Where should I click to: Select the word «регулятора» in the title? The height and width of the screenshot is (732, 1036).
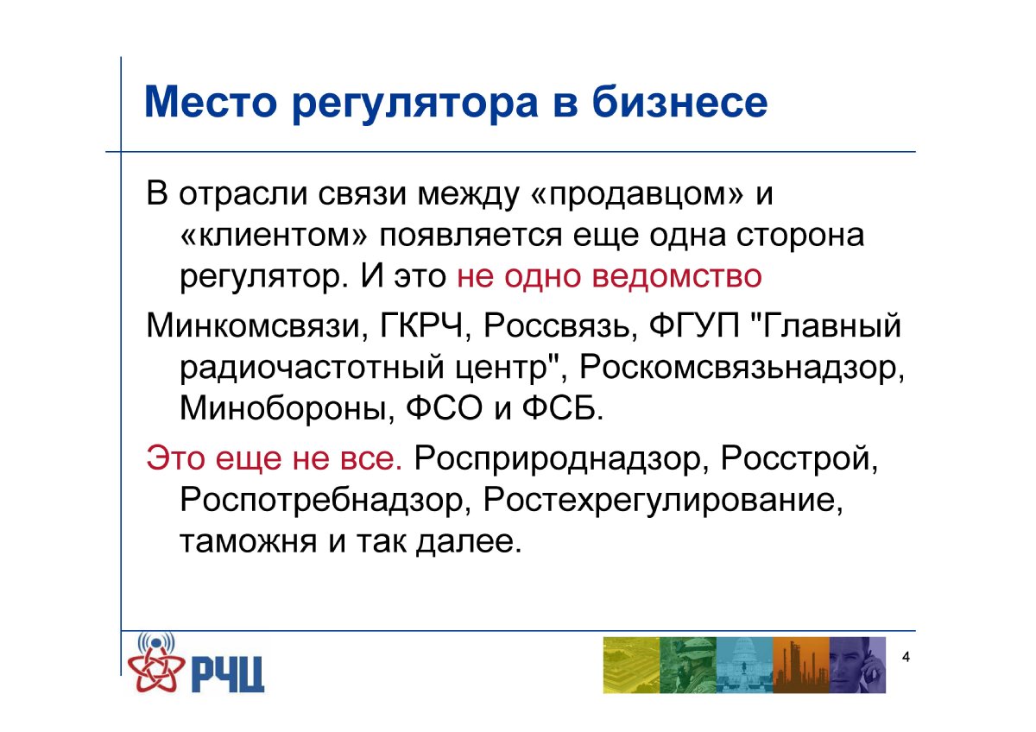tap(415, 105)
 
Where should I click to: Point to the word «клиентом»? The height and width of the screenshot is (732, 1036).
tap(274, 235)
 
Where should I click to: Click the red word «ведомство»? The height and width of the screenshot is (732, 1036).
tap(677, 276)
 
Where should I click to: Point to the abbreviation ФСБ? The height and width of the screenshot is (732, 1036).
tap(563, 407)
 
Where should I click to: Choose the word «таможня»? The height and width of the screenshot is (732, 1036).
tap(249, 540)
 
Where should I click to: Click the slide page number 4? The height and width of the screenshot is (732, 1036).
tap(906, 657)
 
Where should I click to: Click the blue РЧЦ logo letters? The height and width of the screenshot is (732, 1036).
tap(226, 675)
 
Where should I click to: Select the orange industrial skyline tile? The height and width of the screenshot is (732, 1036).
tap(800, 665)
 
